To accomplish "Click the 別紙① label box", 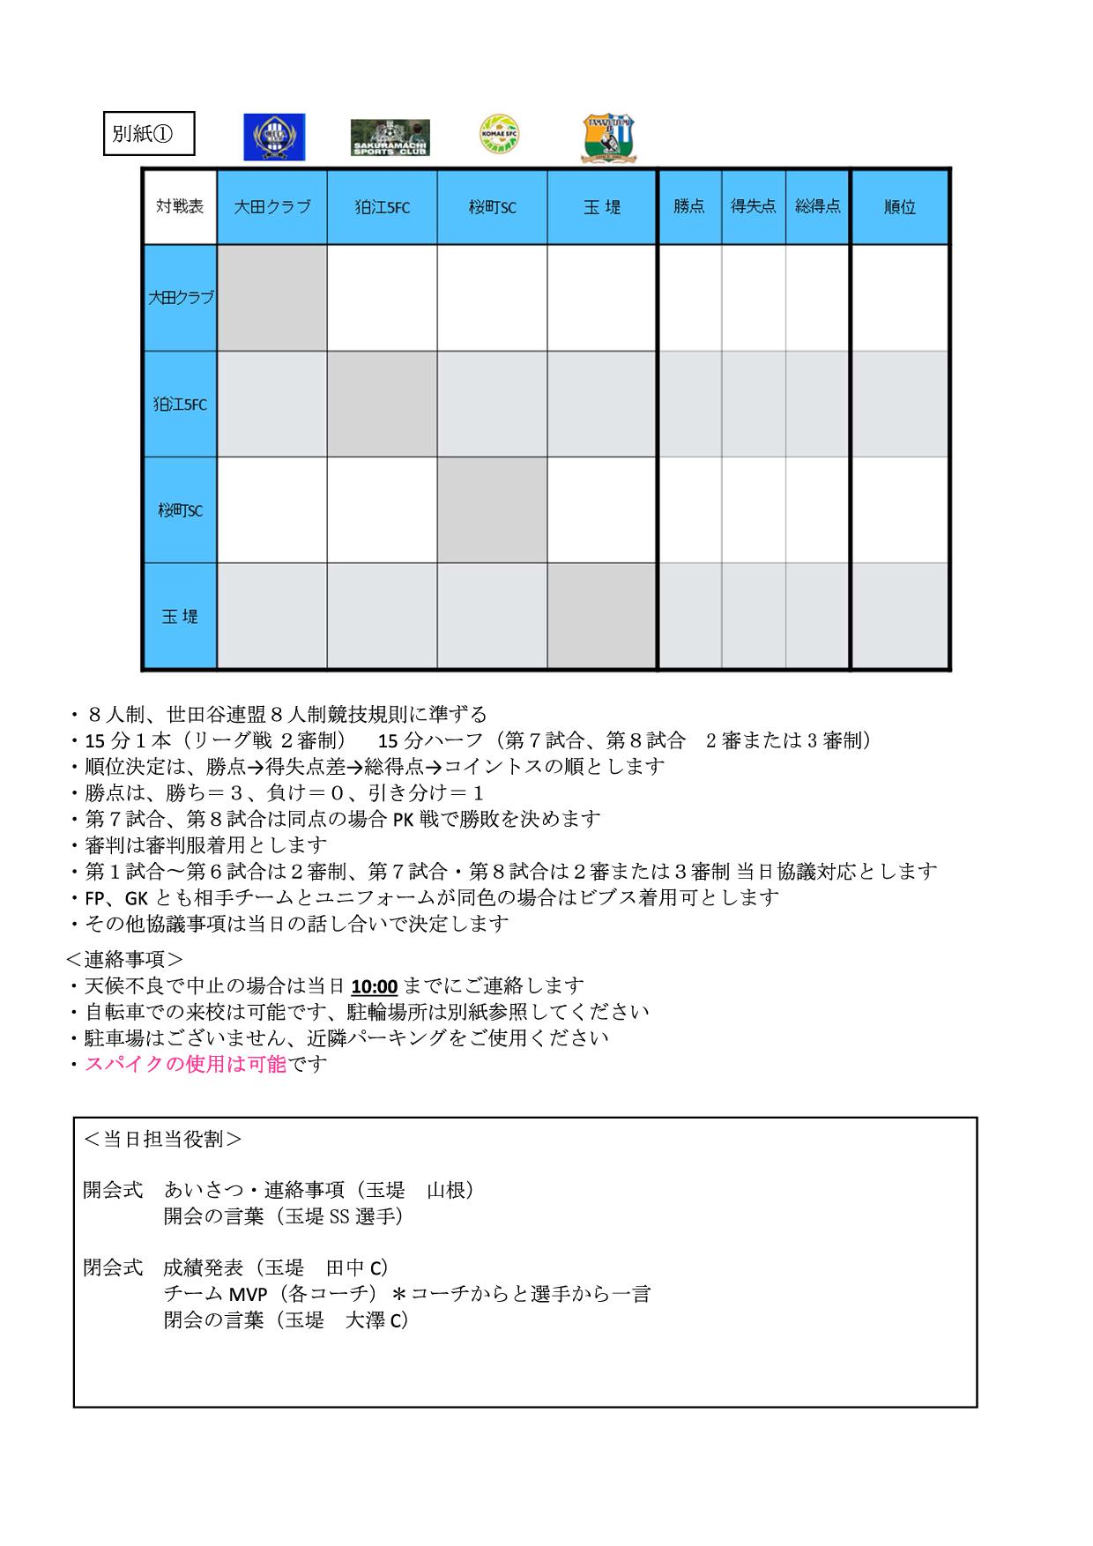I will [148, 134].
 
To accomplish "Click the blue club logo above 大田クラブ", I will [274, 138].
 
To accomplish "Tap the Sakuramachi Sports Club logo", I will [390, 138].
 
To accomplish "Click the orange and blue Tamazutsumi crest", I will [610, 138].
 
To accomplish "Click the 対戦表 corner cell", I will [180, 206].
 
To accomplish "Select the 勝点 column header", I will [689, 206].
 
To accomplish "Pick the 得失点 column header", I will [754, 206].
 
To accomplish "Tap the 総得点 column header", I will [817, 206].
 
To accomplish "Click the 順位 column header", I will [899, 206].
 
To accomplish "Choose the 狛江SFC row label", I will [180, 405].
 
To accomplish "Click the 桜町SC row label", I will [180, 510].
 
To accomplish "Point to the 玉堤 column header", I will [602, 206].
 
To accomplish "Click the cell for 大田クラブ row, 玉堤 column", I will [602, 298].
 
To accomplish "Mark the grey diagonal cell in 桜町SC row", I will [492, 510].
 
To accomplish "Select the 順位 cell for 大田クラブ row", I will [899, 298].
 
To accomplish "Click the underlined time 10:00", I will [374, 985].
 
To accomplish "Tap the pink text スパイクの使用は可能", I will [185, 1064].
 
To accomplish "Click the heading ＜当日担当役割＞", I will [162, 1139].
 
